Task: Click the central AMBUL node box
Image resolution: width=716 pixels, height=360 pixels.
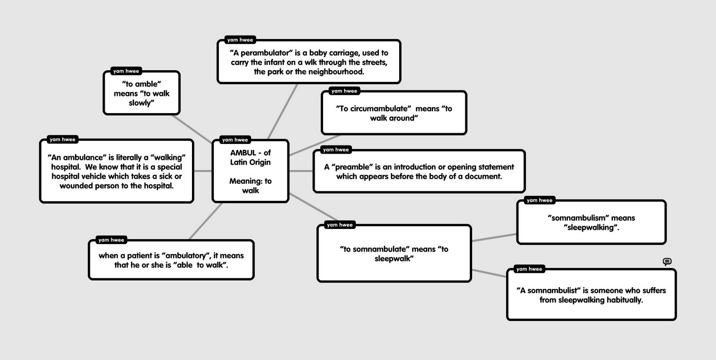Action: (x=250, y=172)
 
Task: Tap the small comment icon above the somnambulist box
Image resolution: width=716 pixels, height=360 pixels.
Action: (x=667, y=262)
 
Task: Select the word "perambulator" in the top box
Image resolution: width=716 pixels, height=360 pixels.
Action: (x=265, y=53)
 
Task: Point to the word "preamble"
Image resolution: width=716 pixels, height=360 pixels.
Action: (x=352, y=167)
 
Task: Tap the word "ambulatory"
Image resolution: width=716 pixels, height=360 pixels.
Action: (x=186, y=255)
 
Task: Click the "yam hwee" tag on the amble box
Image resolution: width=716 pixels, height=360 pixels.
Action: (x=126, y=71)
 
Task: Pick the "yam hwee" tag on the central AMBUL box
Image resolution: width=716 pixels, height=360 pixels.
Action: (x=235, y=140)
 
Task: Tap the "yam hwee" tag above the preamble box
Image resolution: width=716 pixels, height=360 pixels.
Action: (x=336, y=150)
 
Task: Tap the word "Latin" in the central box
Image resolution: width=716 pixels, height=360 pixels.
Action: (x=239, y=162)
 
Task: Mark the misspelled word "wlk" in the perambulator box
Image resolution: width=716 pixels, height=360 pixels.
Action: (x=311, y=63)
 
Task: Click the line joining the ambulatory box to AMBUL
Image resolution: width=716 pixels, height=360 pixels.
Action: (x=206, y=221)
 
